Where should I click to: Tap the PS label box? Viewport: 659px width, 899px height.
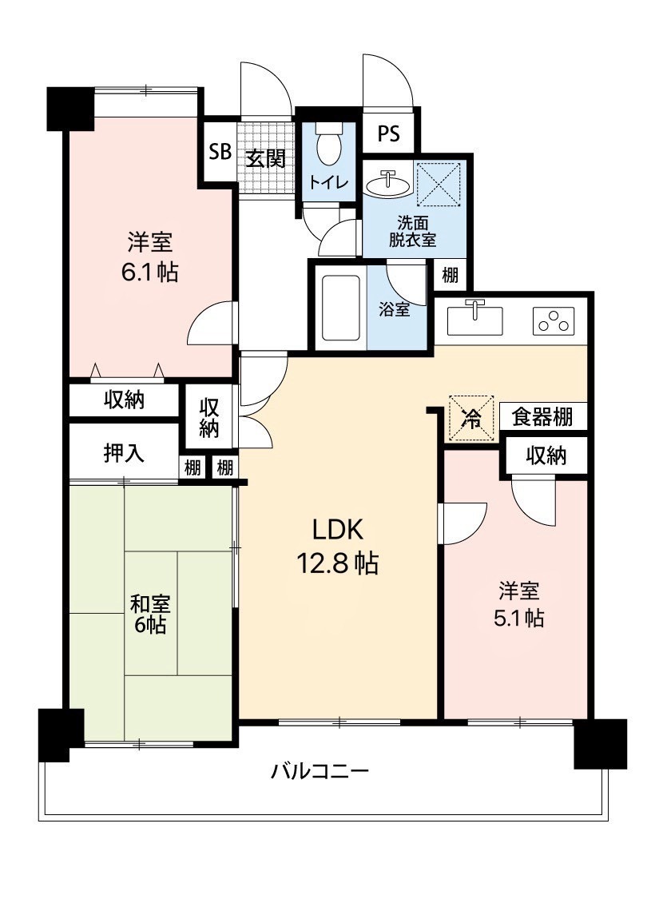click(x=388, y=133)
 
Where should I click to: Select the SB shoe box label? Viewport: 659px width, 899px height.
click(x=220, y=152)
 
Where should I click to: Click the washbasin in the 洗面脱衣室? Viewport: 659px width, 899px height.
click(x=388, y=184)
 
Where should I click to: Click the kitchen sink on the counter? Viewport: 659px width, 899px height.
click(x=474, y=320)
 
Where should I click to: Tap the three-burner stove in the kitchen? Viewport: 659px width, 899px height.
click(x=553, y=320)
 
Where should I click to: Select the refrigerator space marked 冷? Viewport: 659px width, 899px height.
click(x=471, y=419)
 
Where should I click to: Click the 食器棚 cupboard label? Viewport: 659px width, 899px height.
click(x=542, y=417)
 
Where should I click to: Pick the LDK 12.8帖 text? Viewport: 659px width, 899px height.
click(x=337, y=547)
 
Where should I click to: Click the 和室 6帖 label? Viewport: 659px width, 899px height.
click(x=150, y=614)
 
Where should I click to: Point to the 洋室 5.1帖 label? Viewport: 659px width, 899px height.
click(x=518, y=604)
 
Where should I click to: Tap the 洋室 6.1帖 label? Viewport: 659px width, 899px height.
click(x=149, y=257)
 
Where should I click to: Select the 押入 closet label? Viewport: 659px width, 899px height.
click(x=124, y=454)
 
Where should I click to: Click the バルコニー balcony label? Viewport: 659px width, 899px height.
click(x=320, y=770)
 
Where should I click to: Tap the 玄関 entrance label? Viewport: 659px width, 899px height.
click(x=266, y=157)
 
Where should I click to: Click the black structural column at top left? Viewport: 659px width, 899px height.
click(x=70, y=108)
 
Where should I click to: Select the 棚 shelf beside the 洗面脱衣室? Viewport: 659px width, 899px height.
click(x=450, y=275)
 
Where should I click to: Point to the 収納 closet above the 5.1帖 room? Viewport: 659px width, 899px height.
click(x=546, y=455)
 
